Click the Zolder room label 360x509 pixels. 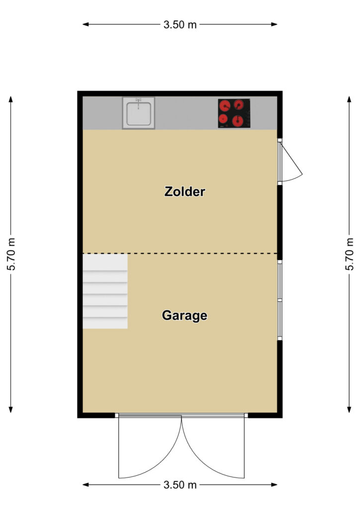click(x=184, y=191)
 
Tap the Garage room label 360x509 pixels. click(x=184, y=316)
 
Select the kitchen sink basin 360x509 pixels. click(x=139, y=113)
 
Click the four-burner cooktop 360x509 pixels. click(x=234, y=113)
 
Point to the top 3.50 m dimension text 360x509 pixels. click(x=180, y=25)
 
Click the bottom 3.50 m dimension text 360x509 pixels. click(x=180, y=485)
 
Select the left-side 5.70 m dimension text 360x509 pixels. click(x=11, y=254)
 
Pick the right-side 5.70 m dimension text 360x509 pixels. click(x=349, y=254)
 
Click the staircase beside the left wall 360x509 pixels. click(x=105, y=291)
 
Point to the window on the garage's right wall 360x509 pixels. click(x=279, y=300)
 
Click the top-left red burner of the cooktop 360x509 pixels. click(x=225, y=105)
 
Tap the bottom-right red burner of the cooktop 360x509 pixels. click(x=238, y=121)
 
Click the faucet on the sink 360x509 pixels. click(x=139, y=102)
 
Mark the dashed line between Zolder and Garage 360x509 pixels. click(x=180, y=253)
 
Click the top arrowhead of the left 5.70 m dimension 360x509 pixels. click(x=11, y=99)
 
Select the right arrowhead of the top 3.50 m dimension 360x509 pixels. click(x=274, y=24)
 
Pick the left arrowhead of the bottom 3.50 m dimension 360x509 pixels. click(x=86, y=485)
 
